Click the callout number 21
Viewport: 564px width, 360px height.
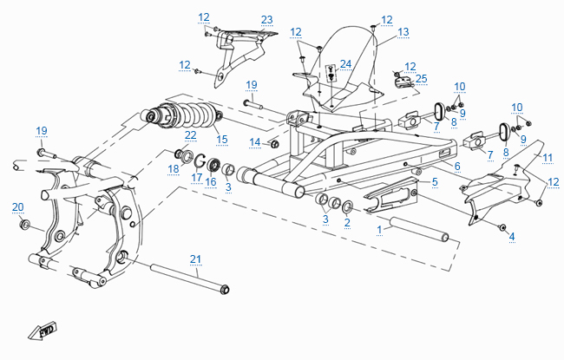(195, 259)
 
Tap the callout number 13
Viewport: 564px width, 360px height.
(403, 31)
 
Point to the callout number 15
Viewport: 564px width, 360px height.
(221, 139)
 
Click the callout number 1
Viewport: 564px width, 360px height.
(379, 230)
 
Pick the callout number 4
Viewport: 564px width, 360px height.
(511, 236)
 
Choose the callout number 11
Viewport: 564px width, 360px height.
(548, 157)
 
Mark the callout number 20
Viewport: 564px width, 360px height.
(17, 206)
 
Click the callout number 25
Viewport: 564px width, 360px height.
(422, 79)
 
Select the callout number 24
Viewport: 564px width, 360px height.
(345, 63)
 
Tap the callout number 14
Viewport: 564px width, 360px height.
(255, 141)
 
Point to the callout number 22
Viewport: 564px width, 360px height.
(190, 134)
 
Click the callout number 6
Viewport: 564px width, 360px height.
(456, 166)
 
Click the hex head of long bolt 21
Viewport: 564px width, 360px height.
(225, 288)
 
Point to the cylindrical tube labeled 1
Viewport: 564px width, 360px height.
(420, 231)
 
